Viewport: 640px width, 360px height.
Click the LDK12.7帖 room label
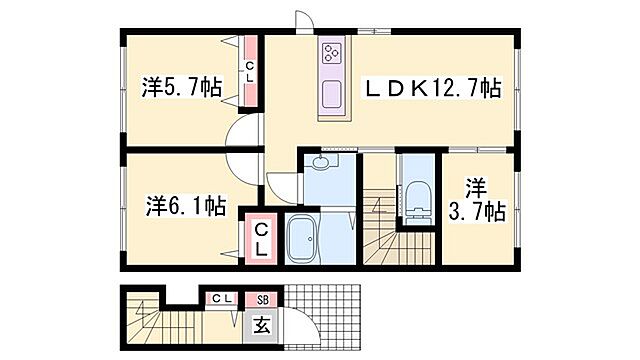click(x=437, y=88)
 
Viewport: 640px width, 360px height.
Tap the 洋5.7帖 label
click(x=181, y=89)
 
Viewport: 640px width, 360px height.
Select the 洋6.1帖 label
click(x=186, y=208)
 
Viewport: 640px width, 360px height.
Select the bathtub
click(x=314, y=243)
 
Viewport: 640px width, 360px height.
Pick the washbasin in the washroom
click(x=321, y=163)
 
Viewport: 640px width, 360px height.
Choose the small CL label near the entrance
click(x=222, y=298)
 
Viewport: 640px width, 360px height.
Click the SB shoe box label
click(x=263, y=298)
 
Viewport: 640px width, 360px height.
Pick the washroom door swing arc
click(x=283, y=184)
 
